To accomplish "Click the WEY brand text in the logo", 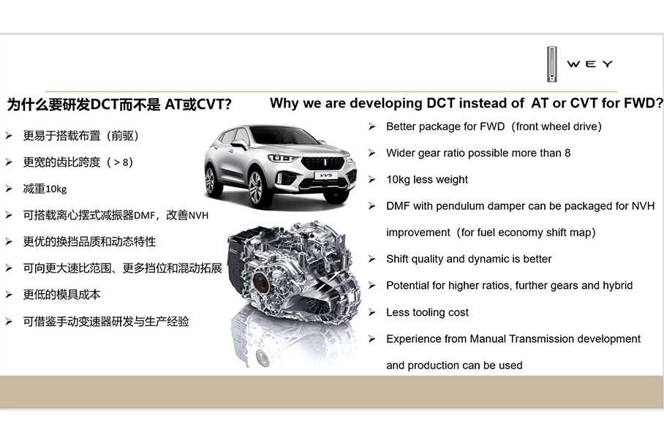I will click(x=589, y=64).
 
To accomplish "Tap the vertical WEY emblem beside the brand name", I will click(x=552, y=64).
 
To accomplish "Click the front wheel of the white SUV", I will click(x=256, y=189).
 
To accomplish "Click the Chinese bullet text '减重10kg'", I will click(x=45, y=189).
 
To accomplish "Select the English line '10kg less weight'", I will click(x=427, y=180).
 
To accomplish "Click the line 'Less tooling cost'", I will click(x=427, y=312).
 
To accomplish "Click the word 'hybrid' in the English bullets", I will click(x=616, y=286).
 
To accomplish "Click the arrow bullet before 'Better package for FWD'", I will click(x=371, y=126).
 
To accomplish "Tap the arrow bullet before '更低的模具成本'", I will click(x=8, y=295).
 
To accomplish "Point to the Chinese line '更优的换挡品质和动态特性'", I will click(x=89, y=242).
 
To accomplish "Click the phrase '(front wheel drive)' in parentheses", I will click(x=557, y=126).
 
